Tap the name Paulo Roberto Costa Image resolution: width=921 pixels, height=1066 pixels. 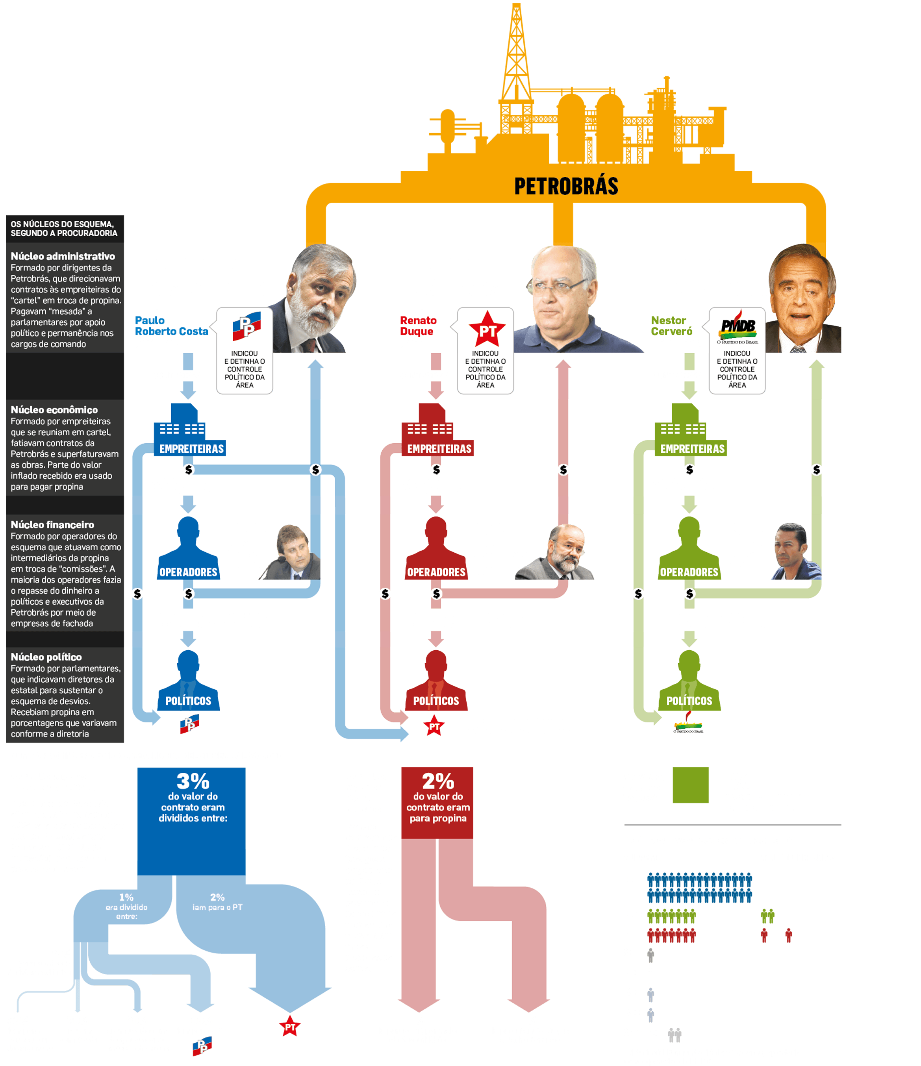[x=171, y=326]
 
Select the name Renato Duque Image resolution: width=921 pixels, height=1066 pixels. [x=418, y=326]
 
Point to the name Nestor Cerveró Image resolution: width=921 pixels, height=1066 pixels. [x=671, y=326]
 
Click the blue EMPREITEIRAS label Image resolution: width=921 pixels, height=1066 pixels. [x=191, y=449]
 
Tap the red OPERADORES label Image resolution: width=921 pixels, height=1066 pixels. [x=436, y=572]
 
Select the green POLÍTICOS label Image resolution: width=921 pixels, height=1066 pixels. [x=689, y=701]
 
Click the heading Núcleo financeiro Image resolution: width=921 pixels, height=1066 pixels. [x=52, y=525]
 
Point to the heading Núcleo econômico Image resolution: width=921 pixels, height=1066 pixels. [x=54, y=410]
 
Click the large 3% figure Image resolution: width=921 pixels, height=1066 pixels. [x=193, y=781]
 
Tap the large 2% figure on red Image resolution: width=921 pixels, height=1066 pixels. [x=438, y=781]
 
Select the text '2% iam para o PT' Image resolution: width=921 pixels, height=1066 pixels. [x=217, y=902]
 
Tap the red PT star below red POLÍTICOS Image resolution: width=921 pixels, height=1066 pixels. [x=434, y=726]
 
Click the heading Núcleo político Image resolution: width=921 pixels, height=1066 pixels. [x=46, y=657]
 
